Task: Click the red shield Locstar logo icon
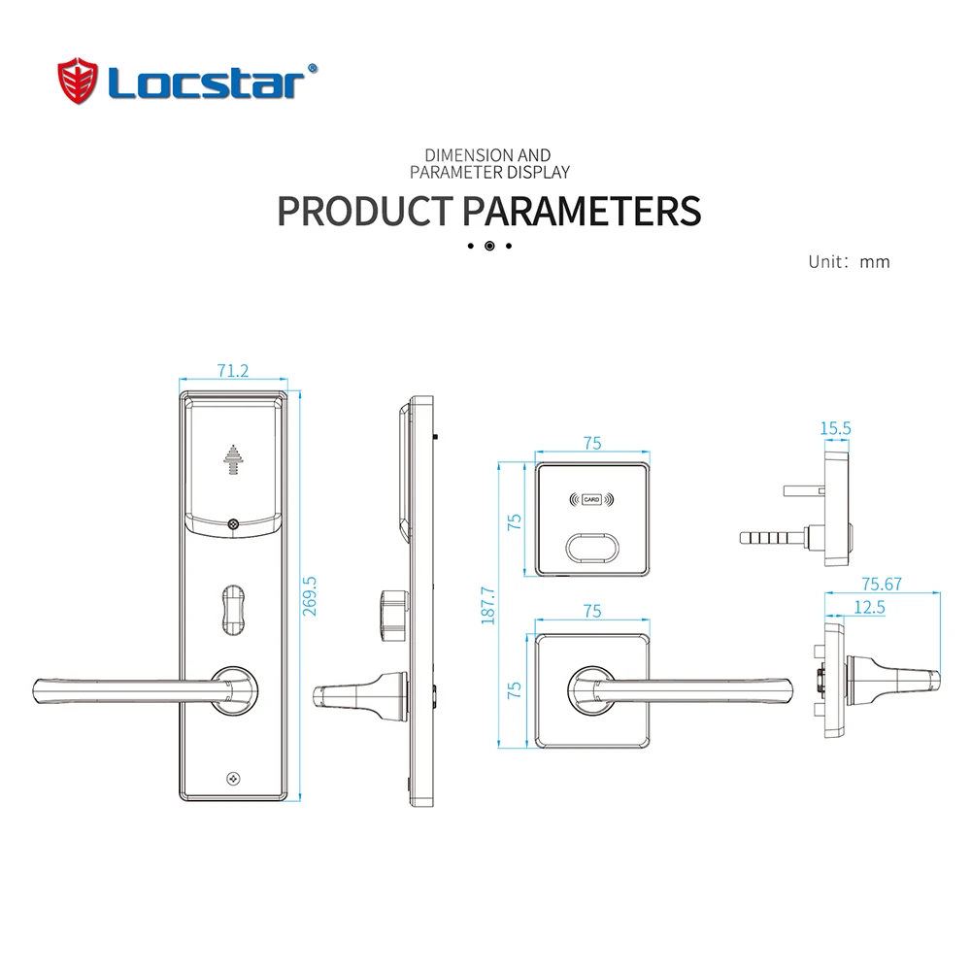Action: [78, 81]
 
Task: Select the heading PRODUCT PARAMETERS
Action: [488, 211]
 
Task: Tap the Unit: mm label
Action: [849, 262]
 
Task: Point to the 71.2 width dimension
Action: [233, 370]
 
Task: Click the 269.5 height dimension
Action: [309, 596]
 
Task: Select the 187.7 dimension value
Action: [488, 605]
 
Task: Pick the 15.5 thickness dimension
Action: [835, 428]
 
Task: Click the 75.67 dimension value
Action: [882, 584]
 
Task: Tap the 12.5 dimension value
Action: [869, 607]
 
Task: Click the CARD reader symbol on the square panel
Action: [591, 499]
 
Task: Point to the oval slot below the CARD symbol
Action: [592, 548]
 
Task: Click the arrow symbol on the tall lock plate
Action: [233, 459]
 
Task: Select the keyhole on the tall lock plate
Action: [233, 610]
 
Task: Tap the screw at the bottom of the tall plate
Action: [233, 779]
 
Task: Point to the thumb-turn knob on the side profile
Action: [394, 616]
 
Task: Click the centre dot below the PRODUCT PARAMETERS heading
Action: [489, 246]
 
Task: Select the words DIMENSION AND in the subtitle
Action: [487, 154]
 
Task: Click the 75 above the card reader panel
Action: [592, 444]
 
